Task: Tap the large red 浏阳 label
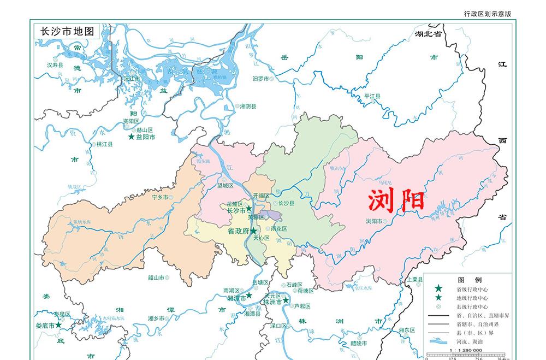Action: [x=396, y=200]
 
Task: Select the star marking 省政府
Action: [x=254, y=231]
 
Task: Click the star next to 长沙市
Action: [x=249, y=209]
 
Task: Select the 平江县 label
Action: [x=372, y=96]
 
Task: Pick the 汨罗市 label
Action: [x=260, y=79]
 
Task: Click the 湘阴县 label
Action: [x=250, y=106]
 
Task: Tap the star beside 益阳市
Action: [x=131, y=137]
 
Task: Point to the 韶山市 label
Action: [x=156, y=278]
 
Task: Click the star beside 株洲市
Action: [x=285, y=300]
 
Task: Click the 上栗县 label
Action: [x=415, y=279]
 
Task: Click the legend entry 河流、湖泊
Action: [x=466, y=341]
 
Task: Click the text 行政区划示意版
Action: [x=487, y=14]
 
